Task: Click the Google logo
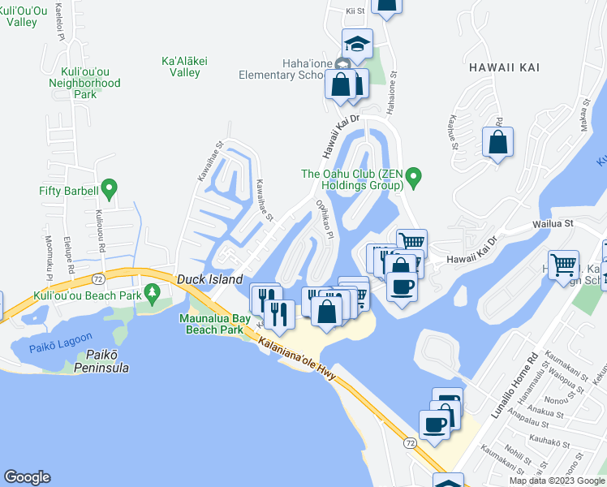pyautogui.click(x=28, y=476)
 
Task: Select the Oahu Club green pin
pyautogui.click(x=414, y=175)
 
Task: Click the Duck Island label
pyautogui.click(x=210, y=279)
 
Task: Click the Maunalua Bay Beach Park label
pyautogui.click(x=210, y=324)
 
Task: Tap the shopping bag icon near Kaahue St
pyautogui.click(x=497, y=143)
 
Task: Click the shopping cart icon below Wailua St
pyautogui.click(x=563, y=265)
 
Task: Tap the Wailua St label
pyautogui.click(x=553, y=222)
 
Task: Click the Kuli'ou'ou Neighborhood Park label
pyautogui.click(x=84, y=83)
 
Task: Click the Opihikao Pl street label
pyautogui.click(x=324, y=217)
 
